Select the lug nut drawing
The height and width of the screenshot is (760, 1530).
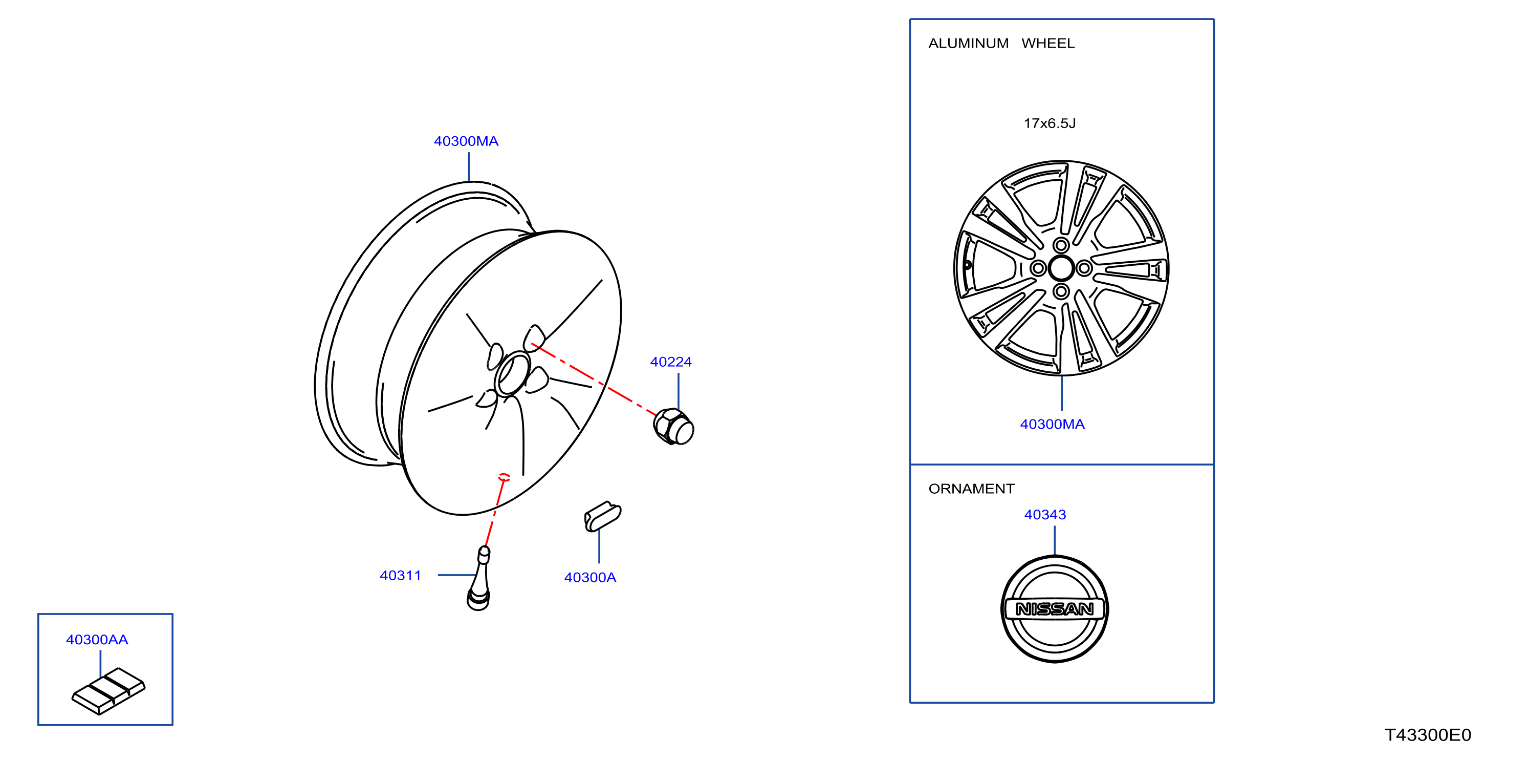click(673, 427)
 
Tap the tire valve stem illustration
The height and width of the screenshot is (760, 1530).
click(479, 578)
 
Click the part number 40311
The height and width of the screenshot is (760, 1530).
click(400, 576)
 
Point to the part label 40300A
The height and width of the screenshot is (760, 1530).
click(590, 578)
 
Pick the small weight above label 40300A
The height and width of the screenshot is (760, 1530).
click(603, 516)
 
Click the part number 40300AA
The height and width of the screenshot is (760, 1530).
click(97, 640)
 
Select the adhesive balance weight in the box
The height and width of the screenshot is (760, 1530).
click(108, 691)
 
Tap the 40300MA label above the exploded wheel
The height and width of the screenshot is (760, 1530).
click(466, 141)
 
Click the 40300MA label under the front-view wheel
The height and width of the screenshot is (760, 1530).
click(1052, 424)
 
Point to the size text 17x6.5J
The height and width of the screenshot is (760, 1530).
click(1050, 123)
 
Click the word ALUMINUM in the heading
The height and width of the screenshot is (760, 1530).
click(968, 44)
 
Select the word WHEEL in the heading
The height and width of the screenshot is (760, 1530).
click(1048, 44)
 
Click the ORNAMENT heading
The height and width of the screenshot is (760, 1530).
click(971, 489)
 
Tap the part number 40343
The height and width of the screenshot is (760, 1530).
click(1045, 515)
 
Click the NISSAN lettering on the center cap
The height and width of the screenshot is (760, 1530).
click(1054, 609)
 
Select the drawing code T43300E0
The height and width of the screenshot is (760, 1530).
click(1427, 735)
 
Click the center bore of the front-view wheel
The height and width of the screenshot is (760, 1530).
click(1061, 268)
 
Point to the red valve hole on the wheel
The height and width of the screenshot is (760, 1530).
click(504, 477)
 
